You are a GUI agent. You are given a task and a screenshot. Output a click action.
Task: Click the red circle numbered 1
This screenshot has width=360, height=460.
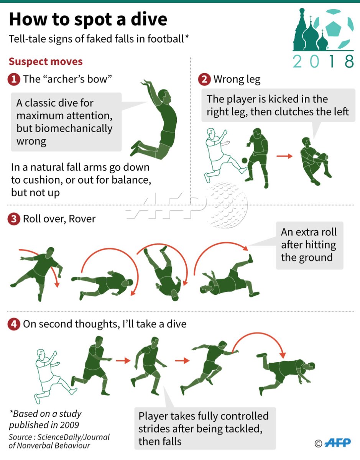click(x=14, y=79)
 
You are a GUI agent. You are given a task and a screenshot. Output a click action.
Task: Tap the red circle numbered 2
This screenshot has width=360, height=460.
click(x=204, y=79)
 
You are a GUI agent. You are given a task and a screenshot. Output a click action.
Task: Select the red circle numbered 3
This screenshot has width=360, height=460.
click(x=14, y=219)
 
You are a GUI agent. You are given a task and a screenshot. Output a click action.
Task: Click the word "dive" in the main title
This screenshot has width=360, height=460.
click(x=149, y=20)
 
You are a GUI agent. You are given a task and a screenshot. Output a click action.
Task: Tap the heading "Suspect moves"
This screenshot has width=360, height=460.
click(x=46, y=62)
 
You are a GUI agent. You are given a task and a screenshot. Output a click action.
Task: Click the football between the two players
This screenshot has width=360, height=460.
click(x=245, y=161)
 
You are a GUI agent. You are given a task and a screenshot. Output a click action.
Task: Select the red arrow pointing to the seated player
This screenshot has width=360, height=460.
click(x=284, y=156)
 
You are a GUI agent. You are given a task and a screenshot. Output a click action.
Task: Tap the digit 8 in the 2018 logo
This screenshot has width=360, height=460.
click(x=349, y=61)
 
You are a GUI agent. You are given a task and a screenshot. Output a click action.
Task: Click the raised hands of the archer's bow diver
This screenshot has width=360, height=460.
click(x=146, y=83)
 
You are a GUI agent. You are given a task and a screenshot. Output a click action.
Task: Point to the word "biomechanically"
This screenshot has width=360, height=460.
click(x=64, y=128)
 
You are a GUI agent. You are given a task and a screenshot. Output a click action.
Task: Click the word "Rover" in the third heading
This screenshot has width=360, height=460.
click(x=82, y=219)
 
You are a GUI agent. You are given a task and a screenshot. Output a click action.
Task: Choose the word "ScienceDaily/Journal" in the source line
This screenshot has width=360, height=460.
click(x=74, y=437)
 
